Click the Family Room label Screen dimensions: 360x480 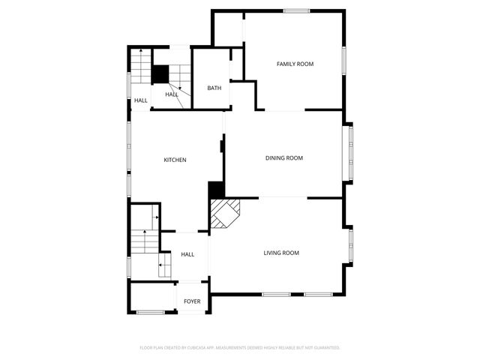tap(295, 64)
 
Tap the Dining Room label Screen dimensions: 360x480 tap(284, 157)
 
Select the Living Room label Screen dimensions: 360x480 tap(281, 253)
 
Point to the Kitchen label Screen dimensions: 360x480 tap(175, 160)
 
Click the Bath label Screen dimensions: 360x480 tap(214, 88)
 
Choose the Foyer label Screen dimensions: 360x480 tap(193, 301)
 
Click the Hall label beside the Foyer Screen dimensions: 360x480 tap(187, 254)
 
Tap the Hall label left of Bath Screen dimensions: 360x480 tap(172, 94)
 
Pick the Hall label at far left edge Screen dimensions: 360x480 tap(141, 100)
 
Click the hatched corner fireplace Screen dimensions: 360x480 tap(224, 213)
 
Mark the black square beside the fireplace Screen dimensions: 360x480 tap(216, 190)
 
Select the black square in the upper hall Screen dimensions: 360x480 tap(160, 73)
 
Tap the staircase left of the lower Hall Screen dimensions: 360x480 tap(144, 240)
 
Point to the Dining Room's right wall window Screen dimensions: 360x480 tap(349, 153)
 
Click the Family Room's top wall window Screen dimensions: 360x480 tap(297, 10)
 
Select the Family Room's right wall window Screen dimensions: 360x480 tap(344, 61)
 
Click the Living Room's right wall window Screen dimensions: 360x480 tap(350, 244)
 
